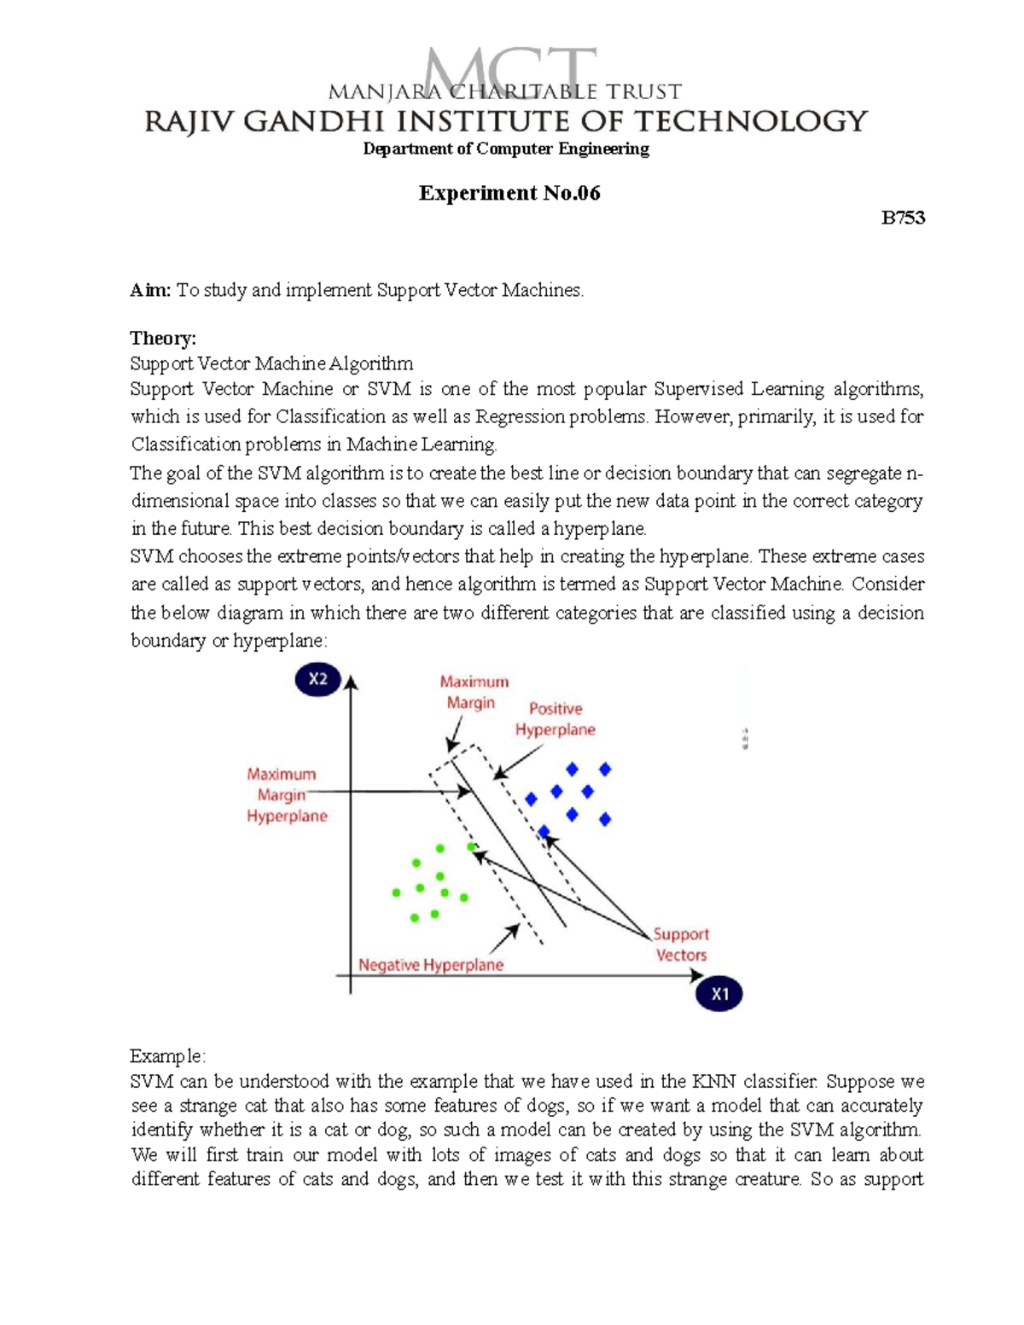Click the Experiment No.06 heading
509,194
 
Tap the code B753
903,218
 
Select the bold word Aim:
150,290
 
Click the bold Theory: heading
163,339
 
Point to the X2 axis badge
317,679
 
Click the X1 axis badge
719,994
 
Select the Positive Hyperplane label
555,719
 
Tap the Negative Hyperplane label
430,965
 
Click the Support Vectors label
681,944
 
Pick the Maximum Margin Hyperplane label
286,795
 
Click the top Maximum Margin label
474,692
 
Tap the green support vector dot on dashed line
472,846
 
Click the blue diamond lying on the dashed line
544,831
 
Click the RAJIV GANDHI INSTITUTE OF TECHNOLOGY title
505,121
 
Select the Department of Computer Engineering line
506,149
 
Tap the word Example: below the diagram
167,1056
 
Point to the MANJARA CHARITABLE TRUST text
505,91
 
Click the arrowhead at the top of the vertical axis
351,682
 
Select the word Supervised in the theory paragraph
698,390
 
